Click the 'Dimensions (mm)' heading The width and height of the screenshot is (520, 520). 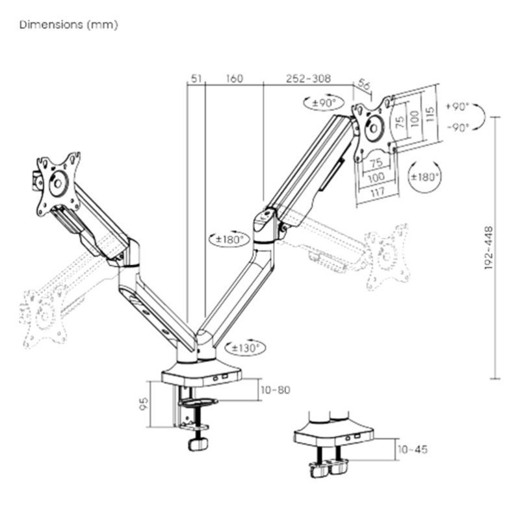68,25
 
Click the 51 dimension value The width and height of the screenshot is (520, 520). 195,79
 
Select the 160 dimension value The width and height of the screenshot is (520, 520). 234,79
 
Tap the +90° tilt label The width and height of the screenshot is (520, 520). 458,107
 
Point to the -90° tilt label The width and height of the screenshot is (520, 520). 458,128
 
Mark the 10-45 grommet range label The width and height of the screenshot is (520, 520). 412,449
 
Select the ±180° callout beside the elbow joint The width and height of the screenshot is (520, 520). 229,239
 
